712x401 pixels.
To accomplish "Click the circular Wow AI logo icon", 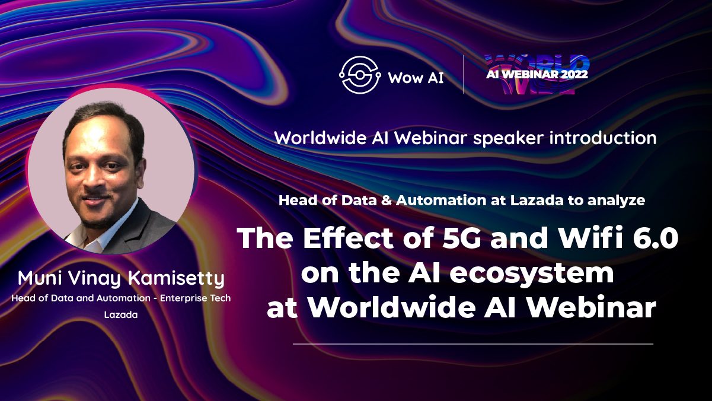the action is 359,75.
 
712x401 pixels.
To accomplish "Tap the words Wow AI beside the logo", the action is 416,78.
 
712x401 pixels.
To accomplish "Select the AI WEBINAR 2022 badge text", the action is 537,74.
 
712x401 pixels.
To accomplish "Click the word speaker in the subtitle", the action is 508,139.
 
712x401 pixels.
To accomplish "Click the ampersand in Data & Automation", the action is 386,200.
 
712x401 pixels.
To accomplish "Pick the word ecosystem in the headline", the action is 532,274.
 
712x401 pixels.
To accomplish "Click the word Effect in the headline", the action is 349,238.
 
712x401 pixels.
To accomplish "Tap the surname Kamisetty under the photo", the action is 176,279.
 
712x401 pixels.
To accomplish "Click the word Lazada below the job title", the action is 121,315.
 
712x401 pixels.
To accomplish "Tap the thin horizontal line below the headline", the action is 473,344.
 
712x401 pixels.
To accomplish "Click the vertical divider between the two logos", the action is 464,75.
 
